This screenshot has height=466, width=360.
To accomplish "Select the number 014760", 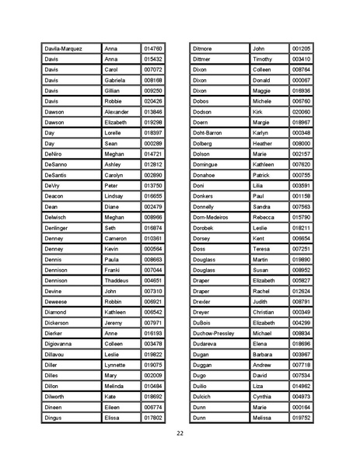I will tap(153, 48).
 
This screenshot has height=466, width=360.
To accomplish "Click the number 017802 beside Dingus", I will tap(153, 418).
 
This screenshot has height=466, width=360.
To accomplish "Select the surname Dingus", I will tap(54, 418).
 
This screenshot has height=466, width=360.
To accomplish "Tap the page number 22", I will tap(180, 433).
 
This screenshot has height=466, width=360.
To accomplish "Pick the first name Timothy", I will tap(263, 59).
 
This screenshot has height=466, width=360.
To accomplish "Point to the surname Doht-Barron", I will tap(208, 133).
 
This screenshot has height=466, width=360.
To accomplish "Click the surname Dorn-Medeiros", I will tap(212, 217).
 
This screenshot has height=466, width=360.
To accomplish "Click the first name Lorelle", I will tap(114, 133).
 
